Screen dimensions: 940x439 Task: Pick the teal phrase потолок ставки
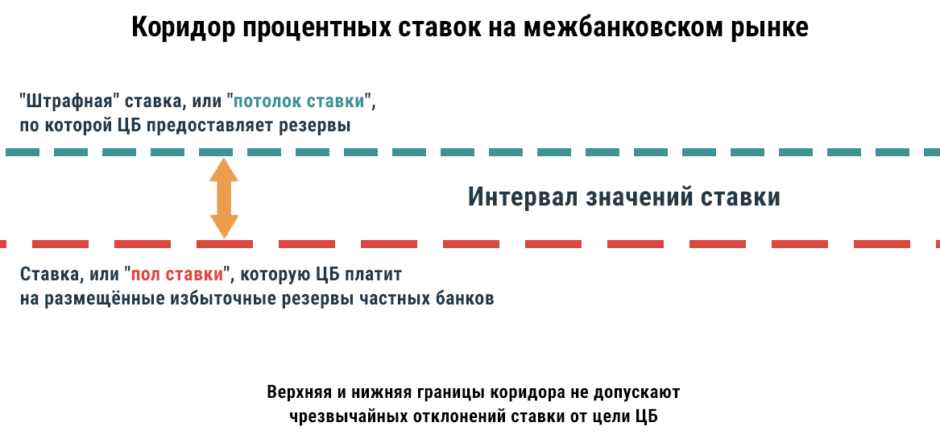coord(302,103)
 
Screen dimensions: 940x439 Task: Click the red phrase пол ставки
coord(177,274)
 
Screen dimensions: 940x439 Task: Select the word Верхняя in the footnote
coord(298,393)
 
